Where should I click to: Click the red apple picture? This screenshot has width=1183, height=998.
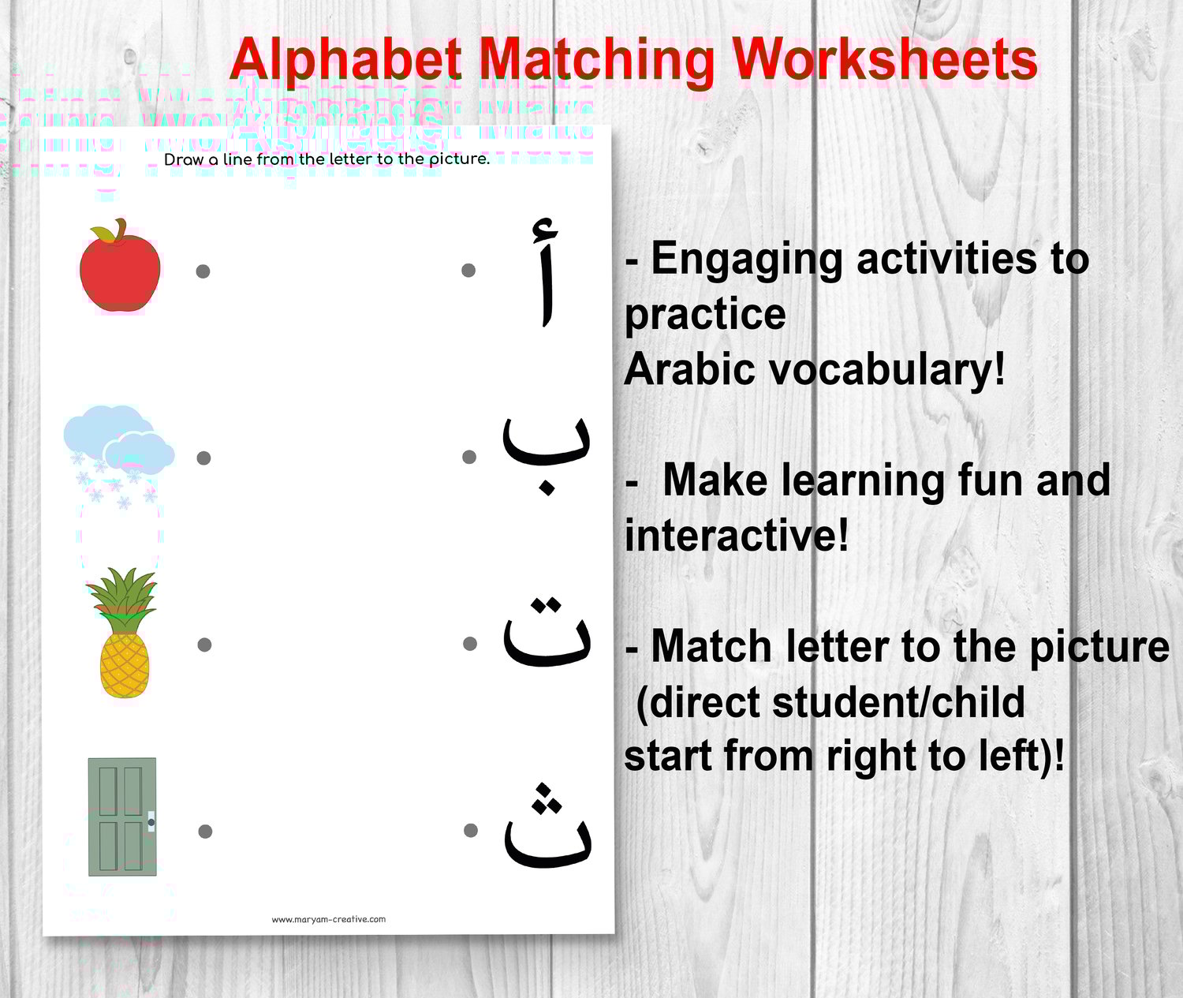coord(120,268)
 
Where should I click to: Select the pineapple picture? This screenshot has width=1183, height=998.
coord(125,635)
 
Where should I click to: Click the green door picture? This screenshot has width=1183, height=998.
coord(122,817)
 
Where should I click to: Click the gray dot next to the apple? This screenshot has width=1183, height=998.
coord(203,271)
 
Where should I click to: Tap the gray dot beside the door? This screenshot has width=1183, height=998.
coord(205,831)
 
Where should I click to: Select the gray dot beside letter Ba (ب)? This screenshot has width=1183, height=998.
coord(469,457)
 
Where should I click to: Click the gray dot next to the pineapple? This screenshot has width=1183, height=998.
coord(204,645)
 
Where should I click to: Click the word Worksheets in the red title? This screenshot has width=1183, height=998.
coord(884,60)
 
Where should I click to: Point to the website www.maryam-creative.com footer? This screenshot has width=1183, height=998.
coord(329,919)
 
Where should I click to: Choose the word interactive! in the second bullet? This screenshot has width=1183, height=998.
coord(737,536)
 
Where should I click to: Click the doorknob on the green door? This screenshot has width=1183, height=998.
coord(151,822)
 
